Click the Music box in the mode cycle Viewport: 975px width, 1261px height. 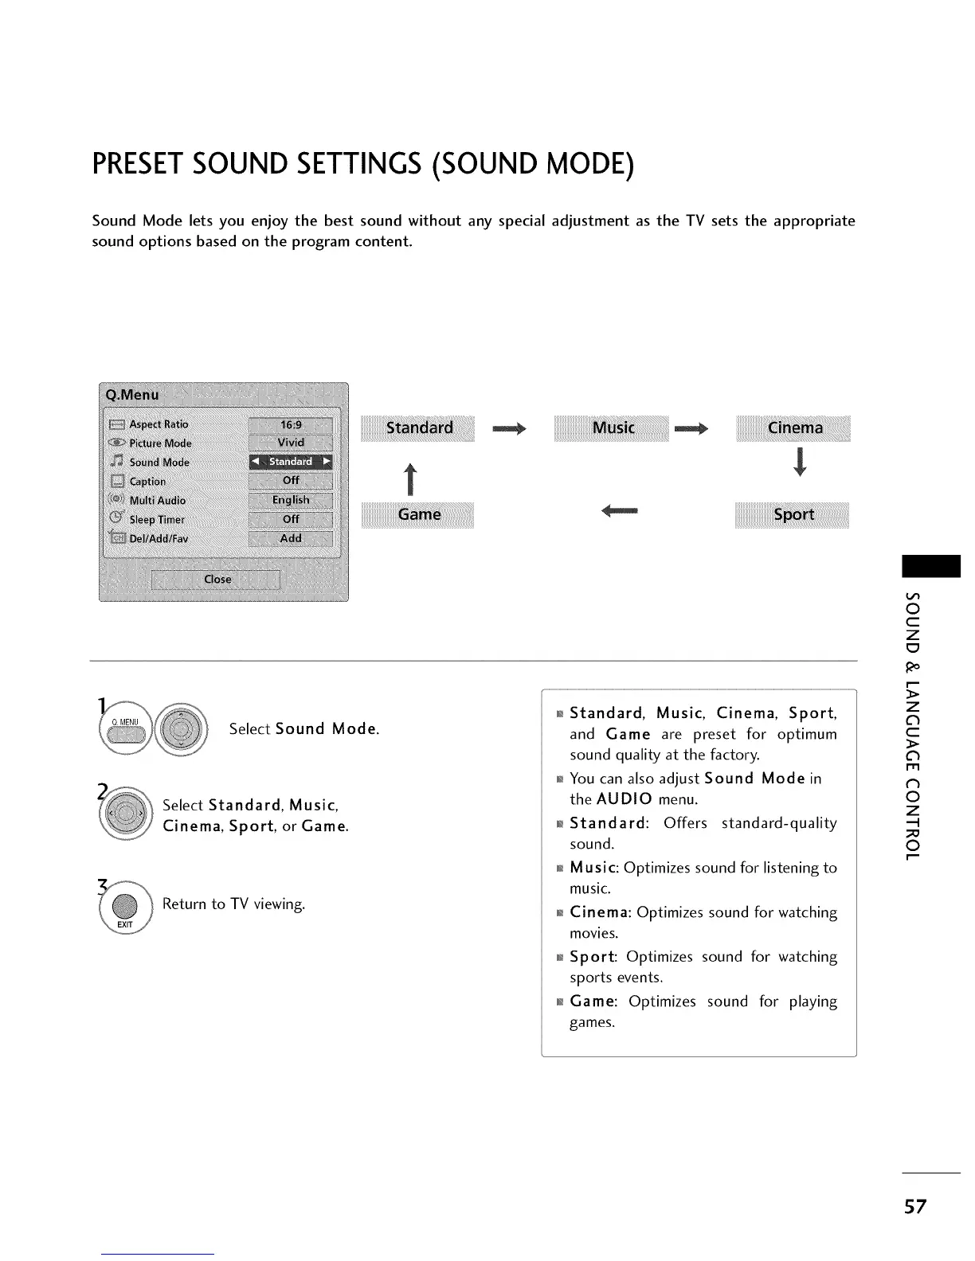tap(612, 428)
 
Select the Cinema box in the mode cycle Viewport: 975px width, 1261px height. tap(793, 428)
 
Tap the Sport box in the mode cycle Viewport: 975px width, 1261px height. tap(792, 515)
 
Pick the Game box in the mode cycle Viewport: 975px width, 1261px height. tap(418, 515)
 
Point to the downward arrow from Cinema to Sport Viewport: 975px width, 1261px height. tap(801, 463)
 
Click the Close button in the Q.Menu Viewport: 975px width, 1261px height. tap(217, 580)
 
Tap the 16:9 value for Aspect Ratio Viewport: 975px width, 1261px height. tap(291, 424)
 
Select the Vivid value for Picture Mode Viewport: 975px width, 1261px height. tap(291, 443)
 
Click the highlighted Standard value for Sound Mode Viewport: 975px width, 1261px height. tap(291, 462)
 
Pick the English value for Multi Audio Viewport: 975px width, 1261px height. tap(291, 500)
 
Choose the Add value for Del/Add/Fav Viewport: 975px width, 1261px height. tap(291, 538)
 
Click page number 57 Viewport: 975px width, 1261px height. tap(915, 1207)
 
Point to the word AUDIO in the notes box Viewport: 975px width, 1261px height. tap(624, 799)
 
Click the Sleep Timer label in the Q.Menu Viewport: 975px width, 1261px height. tap(157, 520)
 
